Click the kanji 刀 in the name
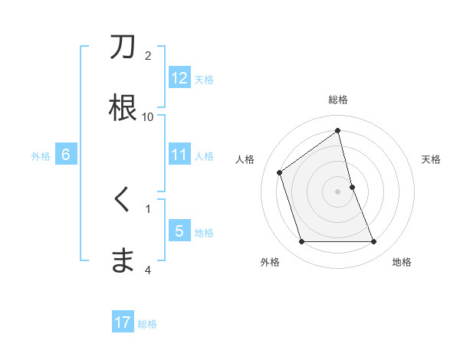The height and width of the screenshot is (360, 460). pos(123,47)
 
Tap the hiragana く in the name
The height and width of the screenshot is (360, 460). pos(123,200)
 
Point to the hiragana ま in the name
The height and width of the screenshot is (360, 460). pos(123,260)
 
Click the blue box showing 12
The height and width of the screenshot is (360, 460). pos(179,78)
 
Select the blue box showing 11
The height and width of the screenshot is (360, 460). pos(179,155)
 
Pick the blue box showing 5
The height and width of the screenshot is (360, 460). pos(179,231)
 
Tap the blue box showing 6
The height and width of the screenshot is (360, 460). pos(66,155)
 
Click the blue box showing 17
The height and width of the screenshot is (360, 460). pos(123,322)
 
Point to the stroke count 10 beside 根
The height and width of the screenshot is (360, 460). pos(148,116)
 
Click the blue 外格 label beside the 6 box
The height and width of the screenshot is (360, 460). pos(41,155)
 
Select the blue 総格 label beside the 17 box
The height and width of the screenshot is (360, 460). pos(147,323)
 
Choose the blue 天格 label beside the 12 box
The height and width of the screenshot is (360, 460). pos(204,79)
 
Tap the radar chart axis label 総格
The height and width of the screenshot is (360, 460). pos(338,100)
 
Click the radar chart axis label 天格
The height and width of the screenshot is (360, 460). pos(431,159)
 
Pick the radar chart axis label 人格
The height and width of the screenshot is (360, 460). pos(245,159)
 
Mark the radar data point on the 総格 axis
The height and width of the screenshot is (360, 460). pos(338,131)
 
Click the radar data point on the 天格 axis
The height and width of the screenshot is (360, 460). pos(352,187)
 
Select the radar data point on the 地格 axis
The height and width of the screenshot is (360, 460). pos(374,242)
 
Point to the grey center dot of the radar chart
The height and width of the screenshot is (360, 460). pos(338,191)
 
